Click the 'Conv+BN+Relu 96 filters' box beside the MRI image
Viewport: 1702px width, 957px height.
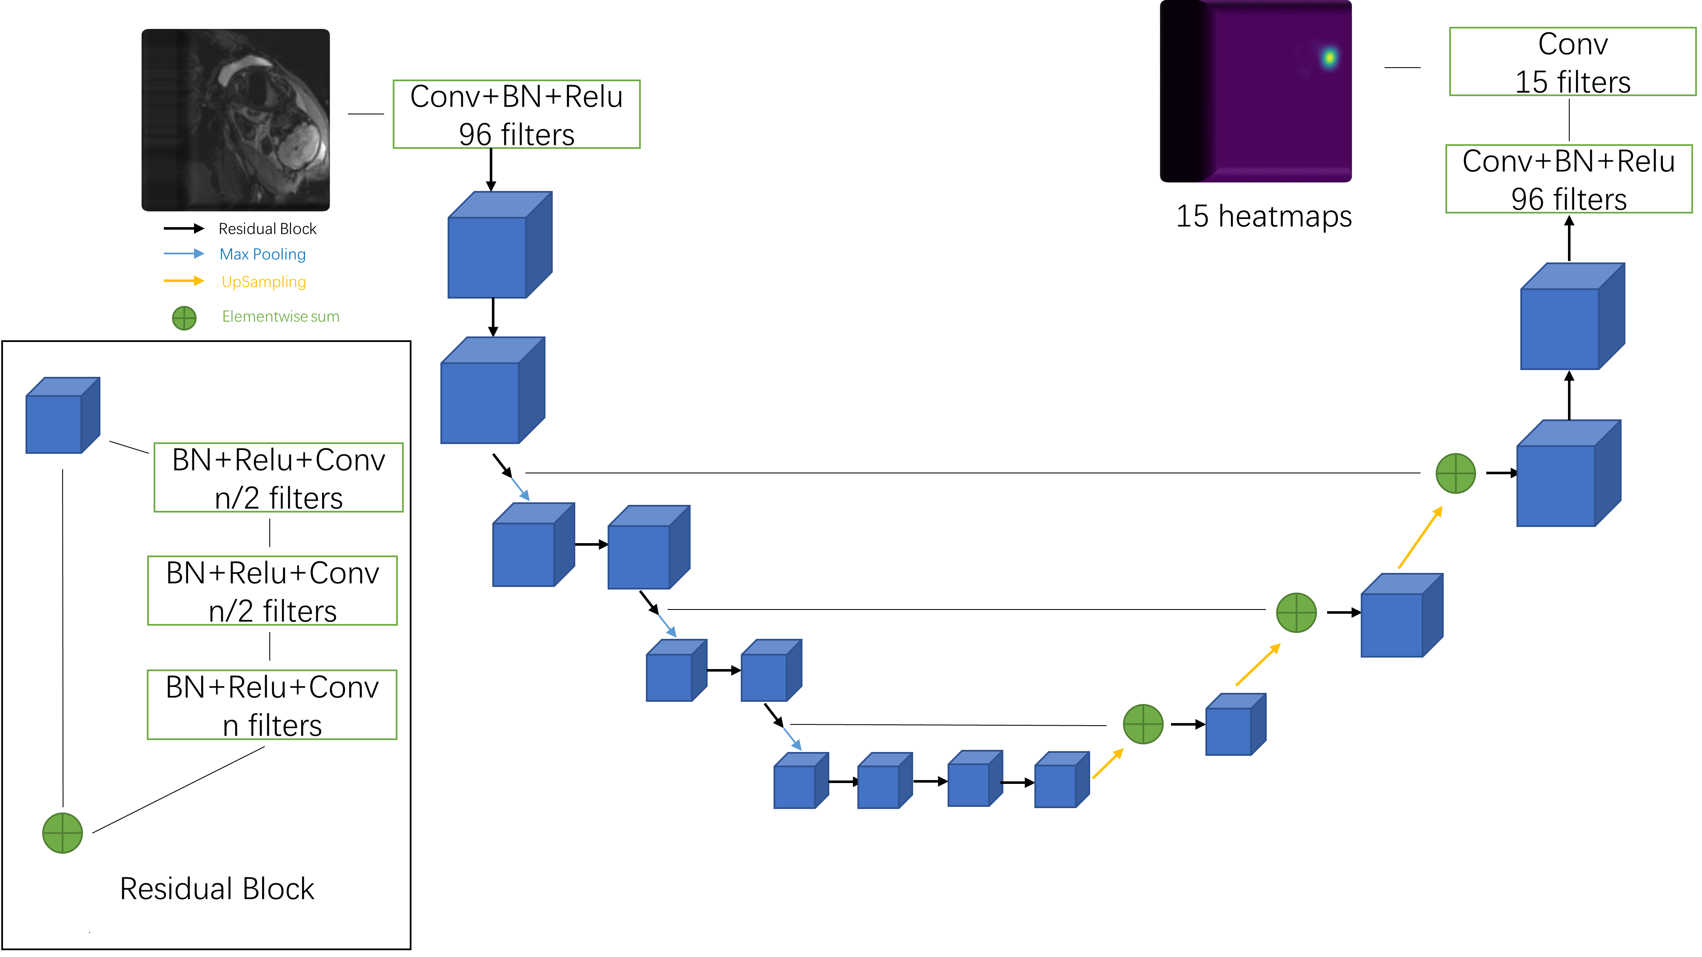pos(516,114)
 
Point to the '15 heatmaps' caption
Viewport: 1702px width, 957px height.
pos(1263,216)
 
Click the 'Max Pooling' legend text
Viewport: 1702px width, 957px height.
pos(262,254)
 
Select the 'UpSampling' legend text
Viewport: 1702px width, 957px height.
pos(264,282)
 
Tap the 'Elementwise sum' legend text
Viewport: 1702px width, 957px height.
pos(280,316)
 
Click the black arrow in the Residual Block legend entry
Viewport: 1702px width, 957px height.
pos(184,228)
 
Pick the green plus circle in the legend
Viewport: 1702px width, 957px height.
pos(184,318)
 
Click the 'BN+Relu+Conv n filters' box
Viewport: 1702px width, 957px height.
pos(271,705)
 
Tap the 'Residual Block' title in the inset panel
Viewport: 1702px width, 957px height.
pos(217,889)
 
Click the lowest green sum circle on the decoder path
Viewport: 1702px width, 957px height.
pos(1142,724)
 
